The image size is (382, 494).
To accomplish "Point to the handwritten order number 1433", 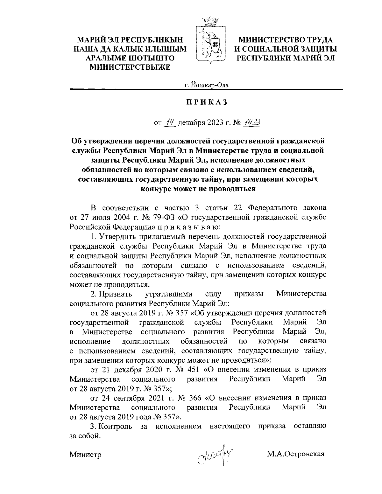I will pyautogui.click(x=252, y=122).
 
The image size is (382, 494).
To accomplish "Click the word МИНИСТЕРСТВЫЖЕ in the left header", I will pyautogui.click(x=131, y=66).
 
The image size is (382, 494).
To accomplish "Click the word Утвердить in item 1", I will pyautogui.click(x=116, y=236).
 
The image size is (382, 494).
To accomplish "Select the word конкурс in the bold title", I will pyautogui.click(x=156, y=189).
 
